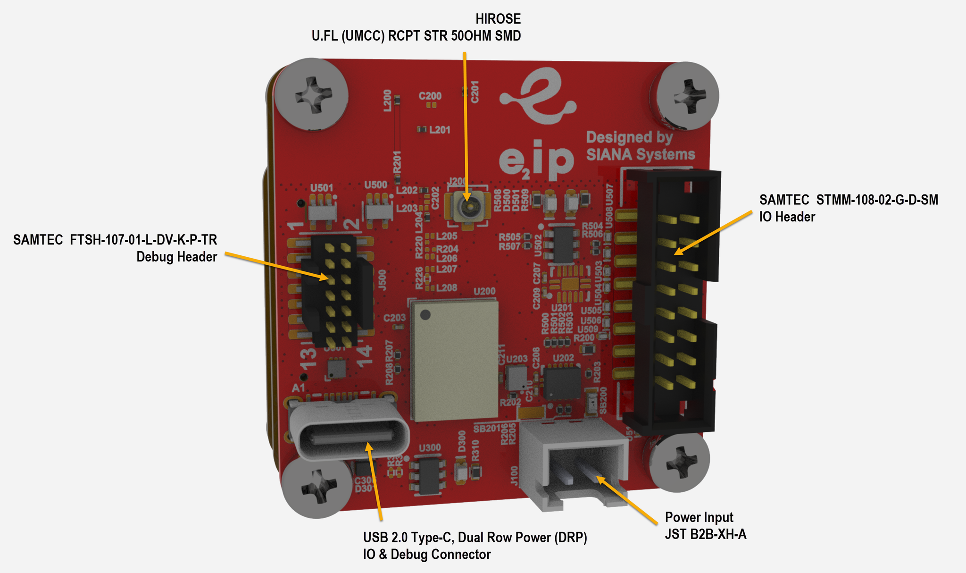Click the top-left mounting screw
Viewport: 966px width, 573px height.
[x=311, y=94]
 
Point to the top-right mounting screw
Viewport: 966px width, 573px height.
[x=687, y=96]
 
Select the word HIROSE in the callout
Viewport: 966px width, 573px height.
[x=498, y=19]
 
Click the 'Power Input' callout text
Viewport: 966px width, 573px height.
[x=699, y=517]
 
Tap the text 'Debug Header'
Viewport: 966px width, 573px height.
[x=176, y=257]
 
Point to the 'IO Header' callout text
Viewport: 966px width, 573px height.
[x=787, y=217]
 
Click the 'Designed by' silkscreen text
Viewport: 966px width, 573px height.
[x=629, y=137]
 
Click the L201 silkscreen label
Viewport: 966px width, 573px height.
[x=440, y=129]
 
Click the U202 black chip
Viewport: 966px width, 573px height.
[x=562, y=383]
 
